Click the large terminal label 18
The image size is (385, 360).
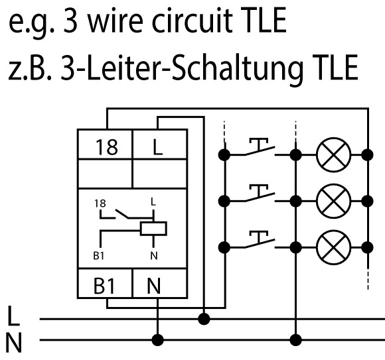point(107,147)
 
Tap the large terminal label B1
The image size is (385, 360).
point(104,286)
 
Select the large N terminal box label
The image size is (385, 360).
point(154,286)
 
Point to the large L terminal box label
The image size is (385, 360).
point(157,147)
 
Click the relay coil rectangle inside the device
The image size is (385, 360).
point(153,229)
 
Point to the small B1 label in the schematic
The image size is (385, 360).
point(99,256)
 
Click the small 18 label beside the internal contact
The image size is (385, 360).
point(100,204)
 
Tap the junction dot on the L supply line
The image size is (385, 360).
point(204,319)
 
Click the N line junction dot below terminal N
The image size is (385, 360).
point(157,340)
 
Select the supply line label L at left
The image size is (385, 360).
point(14,316)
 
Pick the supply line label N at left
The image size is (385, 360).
point(14,343)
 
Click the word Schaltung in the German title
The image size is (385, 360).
point(237,68)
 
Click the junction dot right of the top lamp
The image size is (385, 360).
point(368,155)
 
